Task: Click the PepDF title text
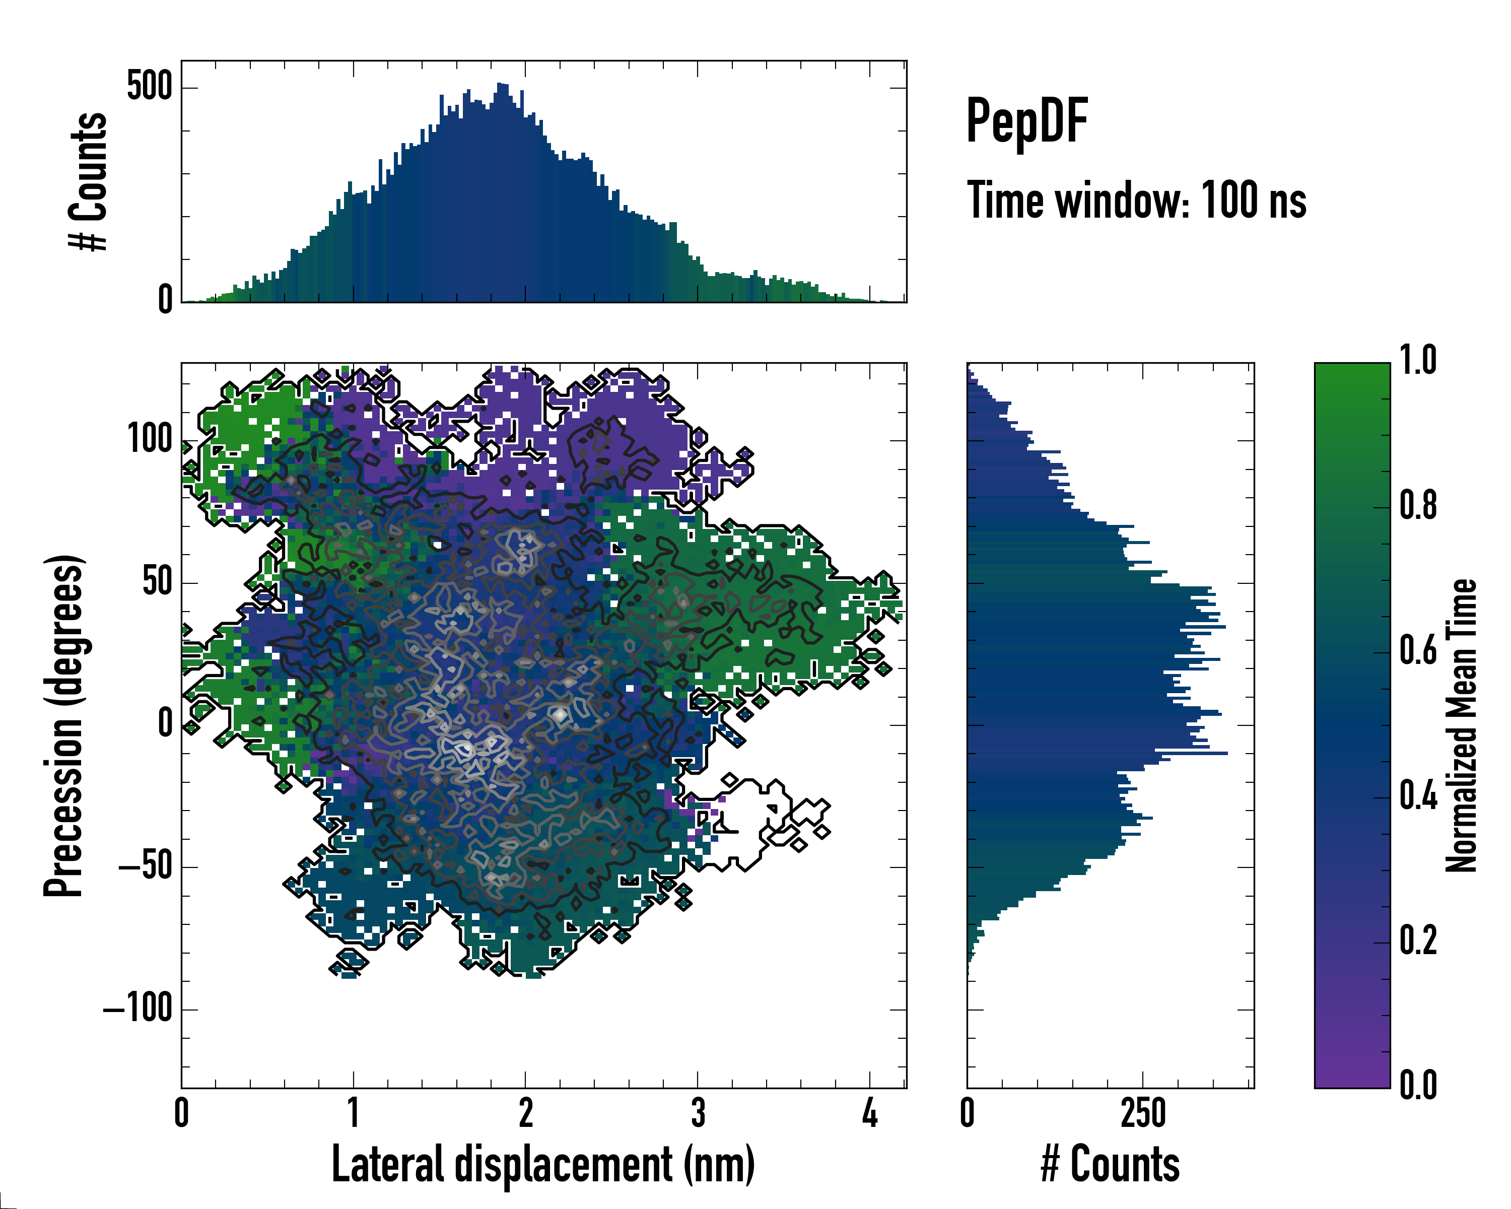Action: point(1026,122)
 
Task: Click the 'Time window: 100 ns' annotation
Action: point(1136,200)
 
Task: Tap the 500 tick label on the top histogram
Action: point(149,87)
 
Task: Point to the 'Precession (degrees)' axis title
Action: point(64,725)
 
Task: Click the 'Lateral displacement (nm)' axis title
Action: point(543,1164)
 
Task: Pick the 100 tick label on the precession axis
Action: point(149,440)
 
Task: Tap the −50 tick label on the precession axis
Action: point(145,867)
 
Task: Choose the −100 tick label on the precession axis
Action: point(138,1009)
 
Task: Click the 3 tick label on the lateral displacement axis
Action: point(698,1113)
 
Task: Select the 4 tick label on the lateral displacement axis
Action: point(870,1113)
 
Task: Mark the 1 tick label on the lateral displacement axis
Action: point(353,1113)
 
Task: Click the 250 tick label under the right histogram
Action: point(1142,1113)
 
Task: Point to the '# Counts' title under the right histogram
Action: point(1110,1164)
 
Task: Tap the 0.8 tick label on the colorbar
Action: point(1418,505)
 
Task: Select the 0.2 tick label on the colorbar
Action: point(1418,941)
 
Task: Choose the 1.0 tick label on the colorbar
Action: point(1418,360)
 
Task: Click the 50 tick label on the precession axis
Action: point(157,582)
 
